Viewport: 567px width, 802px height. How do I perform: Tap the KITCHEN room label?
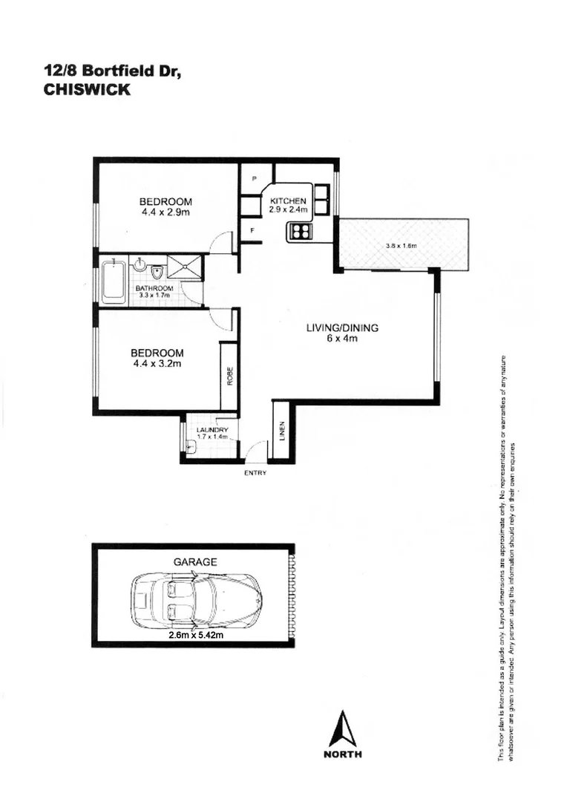(288, 201)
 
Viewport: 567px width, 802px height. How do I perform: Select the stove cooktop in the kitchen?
(300, 232)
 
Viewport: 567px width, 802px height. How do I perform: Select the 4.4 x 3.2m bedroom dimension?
(157, 364)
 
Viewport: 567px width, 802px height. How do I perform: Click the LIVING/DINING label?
(343, 328)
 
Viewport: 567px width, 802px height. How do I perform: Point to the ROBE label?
(229, 376)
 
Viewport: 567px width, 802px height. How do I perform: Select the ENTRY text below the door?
(255, 473)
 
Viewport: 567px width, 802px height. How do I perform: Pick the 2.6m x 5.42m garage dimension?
(197, 635)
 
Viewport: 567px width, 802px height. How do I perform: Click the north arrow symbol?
(342, 728)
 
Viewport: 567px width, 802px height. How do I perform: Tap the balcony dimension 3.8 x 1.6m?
(402, 246)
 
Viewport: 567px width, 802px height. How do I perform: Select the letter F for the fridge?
(252, 231)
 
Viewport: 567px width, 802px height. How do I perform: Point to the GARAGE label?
(195, 562)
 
